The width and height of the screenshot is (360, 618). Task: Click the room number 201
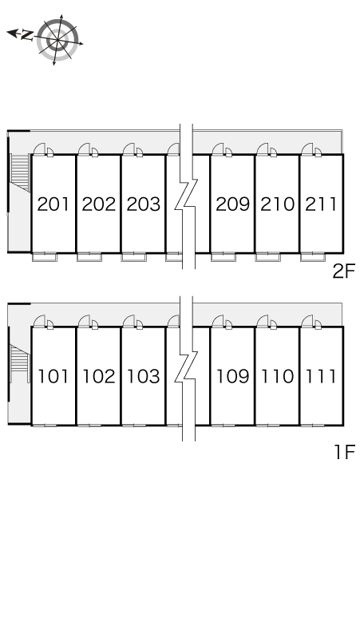coord(53,204)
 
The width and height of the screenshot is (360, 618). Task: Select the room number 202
coord(98,204)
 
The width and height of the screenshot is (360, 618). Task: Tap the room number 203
coord(143,204)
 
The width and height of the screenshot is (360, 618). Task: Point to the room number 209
coord(232,204)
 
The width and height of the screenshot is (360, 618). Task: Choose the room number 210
coord(277,204)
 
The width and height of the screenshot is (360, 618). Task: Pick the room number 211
coord(321,204)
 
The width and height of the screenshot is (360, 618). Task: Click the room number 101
coord(53,376)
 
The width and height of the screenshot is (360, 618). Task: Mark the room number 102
coord(98,376)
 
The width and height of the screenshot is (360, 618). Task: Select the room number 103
coord(143,376)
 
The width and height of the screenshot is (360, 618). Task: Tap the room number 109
coord(232,376)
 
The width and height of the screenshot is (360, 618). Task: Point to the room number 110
coord(277,376)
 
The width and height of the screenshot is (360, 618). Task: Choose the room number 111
coord(321,376)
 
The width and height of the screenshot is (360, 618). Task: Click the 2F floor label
coord(344,271)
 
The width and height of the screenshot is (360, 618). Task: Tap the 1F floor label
coord(345,452)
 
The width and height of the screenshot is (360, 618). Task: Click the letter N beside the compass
coord(26,35)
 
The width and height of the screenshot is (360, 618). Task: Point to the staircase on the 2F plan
coord(20,172)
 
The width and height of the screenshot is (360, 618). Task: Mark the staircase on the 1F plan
coord(20,363)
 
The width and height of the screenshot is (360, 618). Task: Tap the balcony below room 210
coord(268,257)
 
